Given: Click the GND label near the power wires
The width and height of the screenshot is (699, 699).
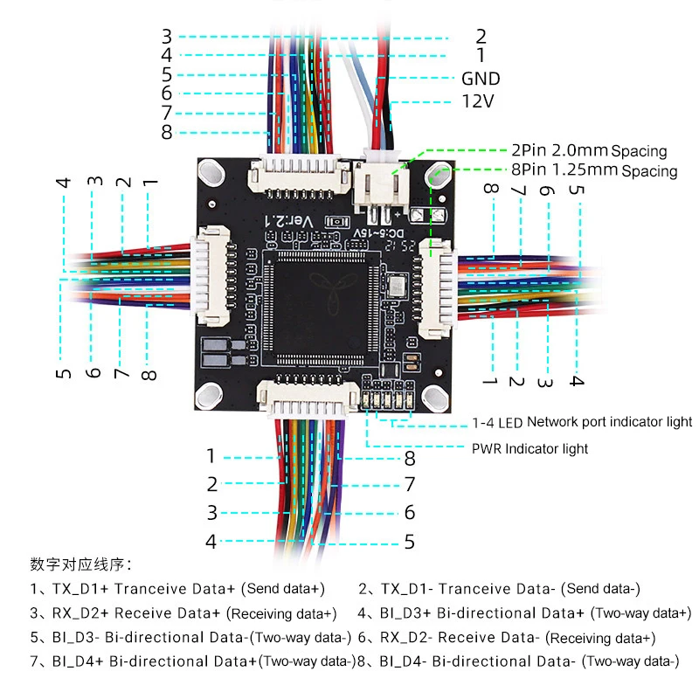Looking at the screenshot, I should [x=481, y=79].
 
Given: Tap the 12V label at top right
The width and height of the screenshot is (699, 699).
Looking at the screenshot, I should [x=478, y=101].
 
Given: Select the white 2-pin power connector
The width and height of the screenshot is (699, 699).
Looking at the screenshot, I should [x=383, y=183].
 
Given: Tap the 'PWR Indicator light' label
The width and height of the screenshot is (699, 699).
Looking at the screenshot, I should [x=529, y=448].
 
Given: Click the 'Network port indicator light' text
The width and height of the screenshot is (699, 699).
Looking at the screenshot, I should [x=609, y=422].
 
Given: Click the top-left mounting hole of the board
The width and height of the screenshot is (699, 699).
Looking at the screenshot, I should [x=211, y=170].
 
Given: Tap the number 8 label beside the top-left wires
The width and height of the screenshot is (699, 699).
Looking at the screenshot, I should [x=167, y=133].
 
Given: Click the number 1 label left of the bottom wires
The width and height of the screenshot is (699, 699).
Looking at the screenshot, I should [x=211, y=455].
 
